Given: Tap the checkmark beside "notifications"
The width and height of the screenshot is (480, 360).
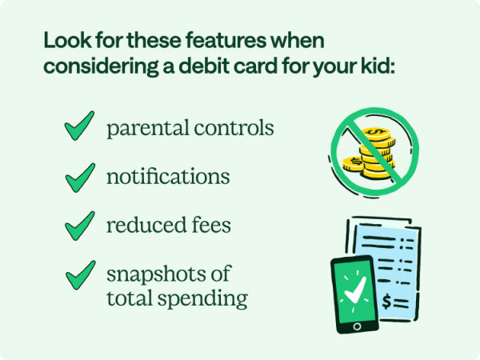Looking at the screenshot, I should point(79,177).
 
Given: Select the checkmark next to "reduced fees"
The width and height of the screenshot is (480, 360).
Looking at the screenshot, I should point(79,226).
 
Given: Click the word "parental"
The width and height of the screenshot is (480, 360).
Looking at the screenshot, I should point(143,129).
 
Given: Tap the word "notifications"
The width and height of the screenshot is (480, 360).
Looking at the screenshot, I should point(168,177).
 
